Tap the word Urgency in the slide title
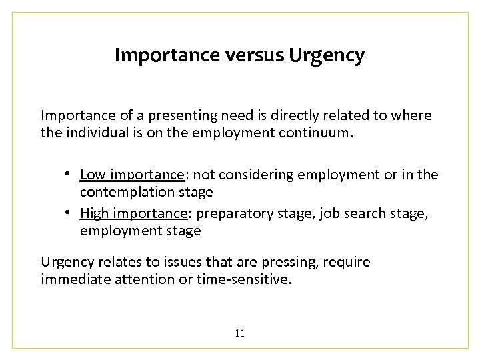[327, 56]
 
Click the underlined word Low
[93, 175]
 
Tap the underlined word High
[94, 213]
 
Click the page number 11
[240, 333]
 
